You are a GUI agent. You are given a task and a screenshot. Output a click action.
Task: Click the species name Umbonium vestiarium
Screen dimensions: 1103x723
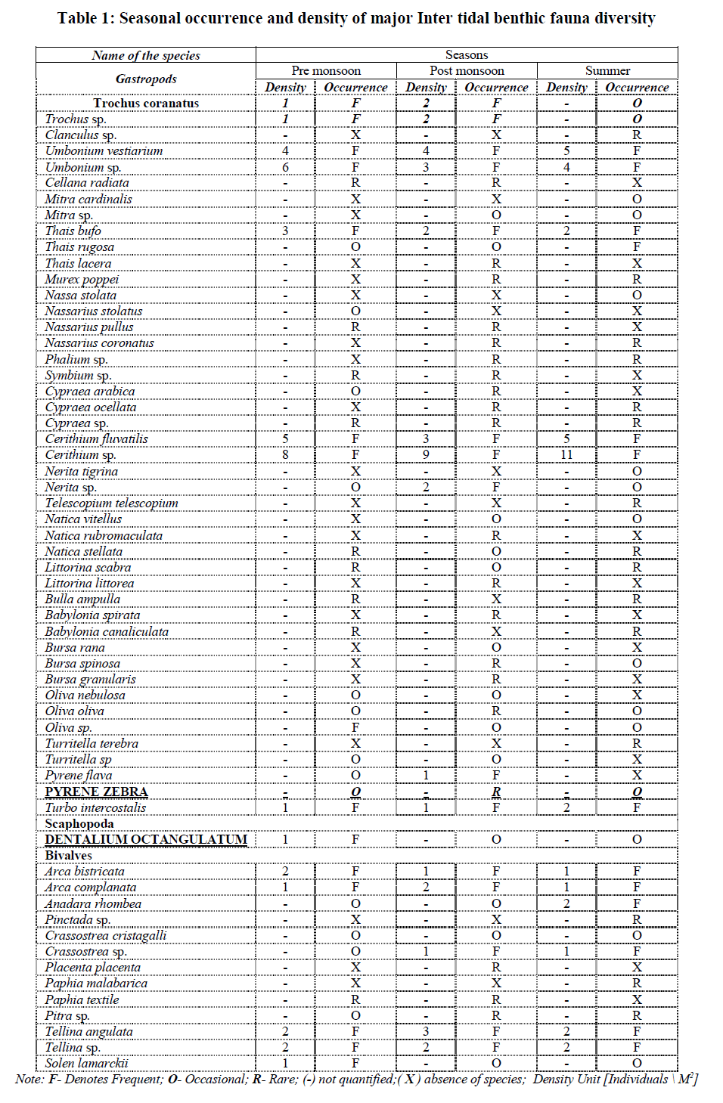pyautogui.click(x=104, y=150)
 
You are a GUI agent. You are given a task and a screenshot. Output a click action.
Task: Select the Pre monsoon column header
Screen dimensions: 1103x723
pyautogui.click(x=326, y=71)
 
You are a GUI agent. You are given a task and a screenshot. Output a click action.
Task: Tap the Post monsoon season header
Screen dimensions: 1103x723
pyautogui.click(x=467, y=71)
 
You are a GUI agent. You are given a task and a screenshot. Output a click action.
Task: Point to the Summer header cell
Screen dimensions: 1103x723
pyautogui.click(x=607, y=71)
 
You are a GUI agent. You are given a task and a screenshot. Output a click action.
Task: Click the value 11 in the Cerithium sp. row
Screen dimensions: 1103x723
pyautogui.click(x=566, y=454)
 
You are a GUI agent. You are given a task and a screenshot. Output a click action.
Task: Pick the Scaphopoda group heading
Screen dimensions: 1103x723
pyautogui.click(x=79, y=823)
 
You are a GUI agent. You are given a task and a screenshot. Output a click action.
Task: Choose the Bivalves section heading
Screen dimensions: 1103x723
pyautogui.click(x=68, y=855)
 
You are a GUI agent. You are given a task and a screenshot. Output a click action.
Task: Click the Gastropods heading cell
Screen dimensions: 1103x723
pyautogui.click(x=146, y=79)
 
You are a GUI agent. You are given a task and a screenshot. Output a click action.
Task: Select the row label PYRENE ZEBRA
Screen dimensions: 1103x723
pyautogui.click(x=96, y=792)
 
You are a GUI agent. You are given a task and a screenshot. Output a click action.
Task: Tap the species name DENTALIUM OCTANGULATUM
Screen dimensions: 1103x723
pyautogui.click(x=146, y=839)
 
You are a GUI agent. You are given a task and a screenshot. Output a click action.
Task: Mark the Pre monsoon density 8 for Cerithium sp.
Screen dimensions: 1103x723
pyautogui.click(x=285, y=454)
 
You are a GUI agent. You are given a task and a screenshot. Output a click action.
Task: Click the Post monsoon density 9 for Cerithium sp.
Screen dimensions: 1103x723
pyautogui.click(x=426, y=454)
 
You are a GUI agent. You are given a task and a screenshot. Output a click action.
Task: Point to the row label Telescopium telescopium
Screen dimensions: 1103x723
pyautogui.click(x=111, y=503)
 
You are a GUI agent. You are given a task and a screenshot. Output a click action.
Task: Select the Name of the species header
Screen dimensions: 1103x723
pyautogui.click(x=146, y=55)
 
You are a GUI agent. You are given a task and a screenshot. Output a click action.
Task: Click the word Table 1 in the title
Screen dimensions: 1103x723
pyautogui.click(x=84, y=18)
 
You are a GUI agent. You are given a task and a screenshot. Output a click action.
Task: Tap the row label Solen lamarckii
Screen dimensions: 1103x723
pyautogui.click(x=86, y=1063)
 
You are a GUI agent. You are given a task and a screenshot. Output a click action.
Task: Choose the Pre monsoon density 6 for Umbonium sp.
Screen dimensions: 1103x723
pyautogui.click(x=285, y=167)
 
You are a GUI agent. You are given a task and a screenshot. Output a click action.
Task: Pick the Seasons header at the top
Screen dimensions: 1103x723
pyautogui.click(x=467, y=55)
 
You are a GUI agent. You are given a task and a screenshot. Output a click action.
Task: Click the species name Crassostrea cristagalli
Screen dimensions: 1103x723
pyautogui.click(x=106, y=935)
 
